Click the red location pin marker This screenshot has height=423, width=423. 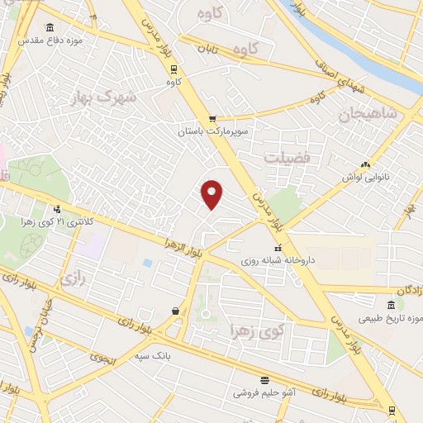click(x=212, y=194)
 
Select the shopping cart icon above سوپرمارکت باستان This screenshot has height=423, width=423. click(x=212, y=118)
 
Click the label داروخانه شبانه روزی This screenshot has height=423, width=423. click(x=278, y=260)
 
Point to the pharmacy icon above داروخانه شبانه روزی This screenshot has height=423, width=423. click(x=278, y=247)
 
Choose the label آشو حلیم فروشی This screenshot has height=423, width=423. click(x=264, y=393)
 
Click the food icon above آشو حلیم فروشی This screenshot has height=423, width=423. click(x=264, y=380)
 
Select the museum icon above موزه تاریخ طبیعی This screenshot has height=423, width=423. click(x=390, y=305)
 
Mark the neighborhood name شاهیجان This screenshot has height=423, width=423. click(x=364, y=116)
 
